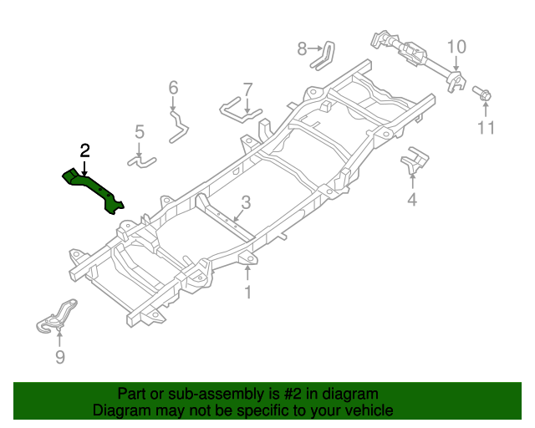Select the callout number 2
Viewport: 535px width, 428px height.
84,150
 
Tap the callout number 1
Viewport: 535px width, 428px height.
247,292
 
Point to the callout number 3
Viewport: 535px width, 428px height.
245,202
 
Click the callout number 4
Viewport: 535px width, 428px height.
411,199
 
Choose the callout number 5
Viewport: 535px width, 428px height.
139,131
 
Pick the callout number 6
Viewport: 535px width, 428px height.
173,88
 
